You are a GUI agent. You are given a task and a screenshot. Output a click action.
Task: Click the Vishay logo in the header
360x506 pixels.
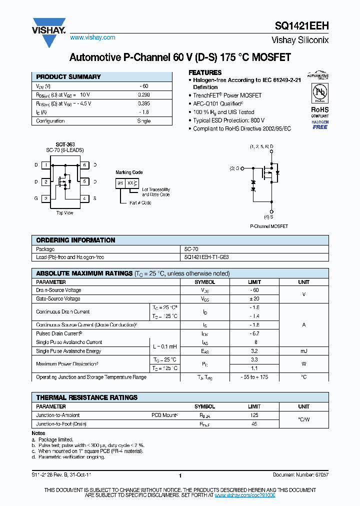[49, 26]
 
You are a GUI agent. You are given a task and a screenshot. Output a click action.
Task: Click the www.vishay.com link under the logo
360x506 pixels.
[92, 37]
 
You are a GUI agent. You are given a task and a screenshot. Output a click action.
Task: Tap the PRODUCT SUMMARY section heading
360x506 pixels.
[68, 77]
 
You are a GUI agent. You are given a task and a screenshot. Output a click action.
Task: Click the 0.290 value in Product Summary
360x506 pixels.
[143, 94]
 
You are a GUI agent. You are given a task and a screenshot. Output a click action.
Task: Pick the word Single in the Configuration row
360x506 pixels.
[143, 121]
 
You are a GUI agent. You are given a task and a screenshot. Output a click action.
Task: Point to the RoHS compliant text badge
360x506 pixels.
[320, 111]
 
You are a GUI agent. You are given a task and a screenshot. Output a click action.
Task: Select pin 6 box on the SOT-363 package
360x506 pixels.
[84, 165]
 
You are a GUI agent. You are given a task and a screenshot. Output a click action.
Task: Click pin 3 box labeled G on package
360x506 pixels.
[46, 198]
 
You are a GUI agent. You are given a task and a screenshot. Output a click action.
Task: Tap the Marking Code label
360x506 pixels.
[129, 172]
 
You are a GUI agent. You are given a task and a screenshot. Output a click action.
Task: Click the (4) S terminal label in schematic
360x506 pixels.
[268, 217]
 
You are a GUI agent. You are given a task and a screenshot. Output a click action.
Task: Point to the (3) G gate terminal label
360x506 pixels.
[234, 168]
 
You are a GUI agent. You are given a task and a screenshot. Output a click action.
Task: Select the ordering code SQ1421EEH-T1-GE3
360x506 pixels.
[206, 257]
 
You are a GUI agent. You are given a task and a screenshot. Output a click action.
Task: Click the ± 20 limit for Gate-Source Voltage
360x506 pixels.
[254, 299]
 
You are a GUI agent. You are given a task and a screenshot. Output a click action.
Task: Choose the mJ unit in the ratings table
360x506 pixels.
[303, 351]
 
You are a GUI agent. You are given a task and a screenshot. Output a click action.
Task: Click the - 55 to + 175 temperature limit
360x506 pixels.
[254, 377]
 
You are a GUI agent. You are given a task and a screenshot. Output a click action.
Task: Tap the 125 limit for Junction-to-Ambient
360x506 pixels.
[254, 415]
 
